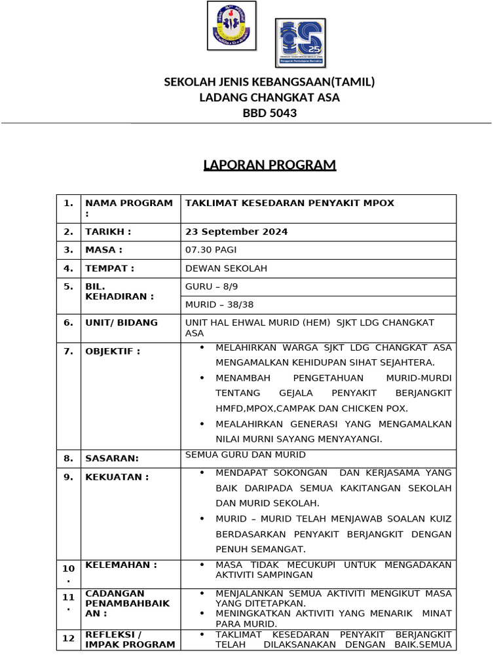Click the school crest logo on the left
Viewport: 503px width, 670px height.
(231, 26)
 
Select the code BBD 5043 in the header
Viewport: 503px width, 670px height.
(269, 113)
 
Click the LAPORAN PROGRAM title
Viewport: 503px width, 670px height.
(269, 165)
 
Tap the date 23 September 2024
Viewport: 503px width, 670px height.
(236, 232)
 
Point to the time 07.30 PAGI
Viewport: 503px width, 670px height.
(211, 250)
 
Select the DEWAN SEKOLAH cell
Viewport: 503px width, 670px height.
(226, 268)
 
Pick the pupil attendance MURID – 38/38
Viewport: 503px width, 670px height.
(219, 304)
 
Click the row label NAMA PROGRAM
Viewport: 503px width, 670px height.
(128, 203)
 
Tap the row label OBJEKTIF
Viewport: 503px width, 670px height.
(113, 351)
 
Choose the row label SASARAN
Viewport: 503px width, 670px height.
(111, 459)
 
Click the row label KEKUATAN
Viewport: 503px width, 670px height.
(117, 477)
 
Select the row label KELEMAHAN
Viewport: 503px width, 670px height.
(121, 565)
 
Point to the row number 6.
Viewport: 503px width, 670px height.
(68, 323)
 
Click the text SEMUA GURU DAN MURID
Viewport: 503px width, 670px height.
(245, 455)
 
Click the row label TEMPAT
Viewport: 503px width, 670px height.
(109, 268)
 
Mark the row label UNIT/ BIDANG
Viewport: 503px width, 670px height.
(121, 323)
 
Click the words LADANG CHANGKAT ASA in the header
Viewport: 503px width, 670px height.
(269, 97)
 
